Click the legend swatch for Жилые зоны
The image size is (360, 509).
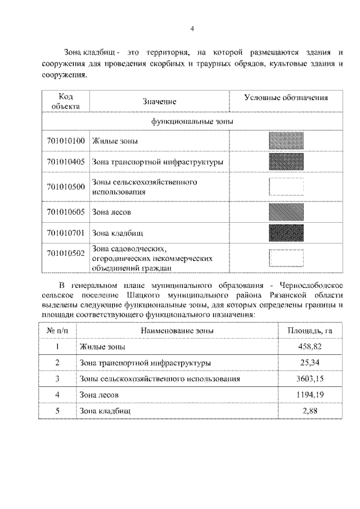coord(286,141)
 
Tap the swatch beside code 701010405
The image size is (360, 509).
coord(286,162)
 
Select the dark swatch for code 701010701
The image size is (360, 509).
coord(286,232)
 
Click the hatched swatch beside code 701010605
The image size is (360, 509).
coord(286,211)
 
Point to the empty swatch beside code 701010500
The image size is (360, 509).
coord(286,187)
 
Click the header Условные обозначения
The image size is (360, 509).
coord(286,97)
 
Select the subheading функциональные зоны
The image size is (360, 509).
coord(192,120)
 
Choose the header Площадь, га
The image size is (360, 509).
coord(310,330)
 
